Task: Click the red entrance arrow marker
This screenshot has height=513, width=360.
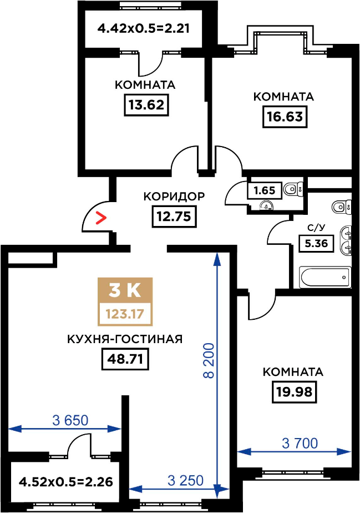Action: click(x=101, y=218)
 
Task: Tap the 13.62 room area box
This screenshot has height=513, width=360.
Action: click(x=146, y=105)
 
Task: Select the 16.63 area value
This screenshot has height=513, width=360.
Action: click(x=285, y=117)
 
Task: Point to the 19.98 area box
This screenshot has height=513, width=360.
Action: click(x=295, y=391)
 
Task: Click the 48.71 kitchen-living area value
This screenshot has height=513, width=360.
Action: click(x=125, y=359)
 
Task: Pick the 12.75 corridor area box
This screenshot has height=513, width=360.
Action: click(x=174, y=217)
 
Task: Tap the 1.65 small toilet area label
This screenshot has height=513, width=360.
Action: click(x=265, y=190)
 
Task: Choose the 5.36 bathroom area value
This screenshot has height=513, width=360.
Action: click(x=316, y=243)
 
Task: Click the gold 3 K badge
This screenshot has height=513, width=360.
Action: click(x=125, y=290)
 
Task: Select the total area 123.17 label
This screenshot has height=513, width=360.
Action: click(x=125, y=314)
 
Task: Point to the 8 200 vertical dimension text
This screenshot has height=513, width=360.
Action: click(x=208, y=360)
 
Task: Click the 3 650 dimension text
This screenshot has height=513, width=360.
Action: click(x=70, y=420)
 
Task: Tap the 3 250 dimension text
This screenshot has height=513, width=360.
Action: click(x=185, y=481)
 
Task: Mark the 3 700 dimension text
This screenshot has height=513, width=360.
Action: click(x=300, y=443)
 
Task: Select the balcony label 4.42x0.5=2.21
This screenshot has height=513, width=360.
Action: click(x=144, y=28)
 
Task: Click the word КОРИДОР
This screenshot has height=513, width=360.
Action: click(x=174, y=197)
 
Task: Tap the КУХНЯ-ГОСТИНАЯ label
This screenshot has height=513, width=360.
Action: click(x=125, y=339)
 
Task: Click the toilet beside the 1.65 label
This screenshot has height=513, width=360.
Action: click(x=292, y=189)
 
